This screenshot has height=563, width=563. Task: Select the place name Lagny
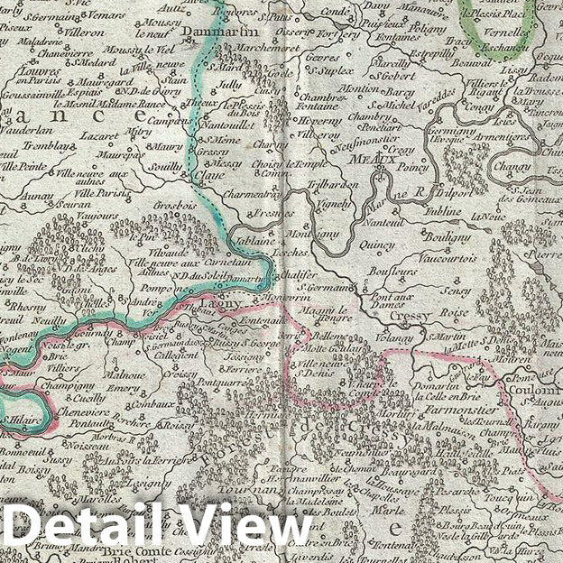click(226, 307)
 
